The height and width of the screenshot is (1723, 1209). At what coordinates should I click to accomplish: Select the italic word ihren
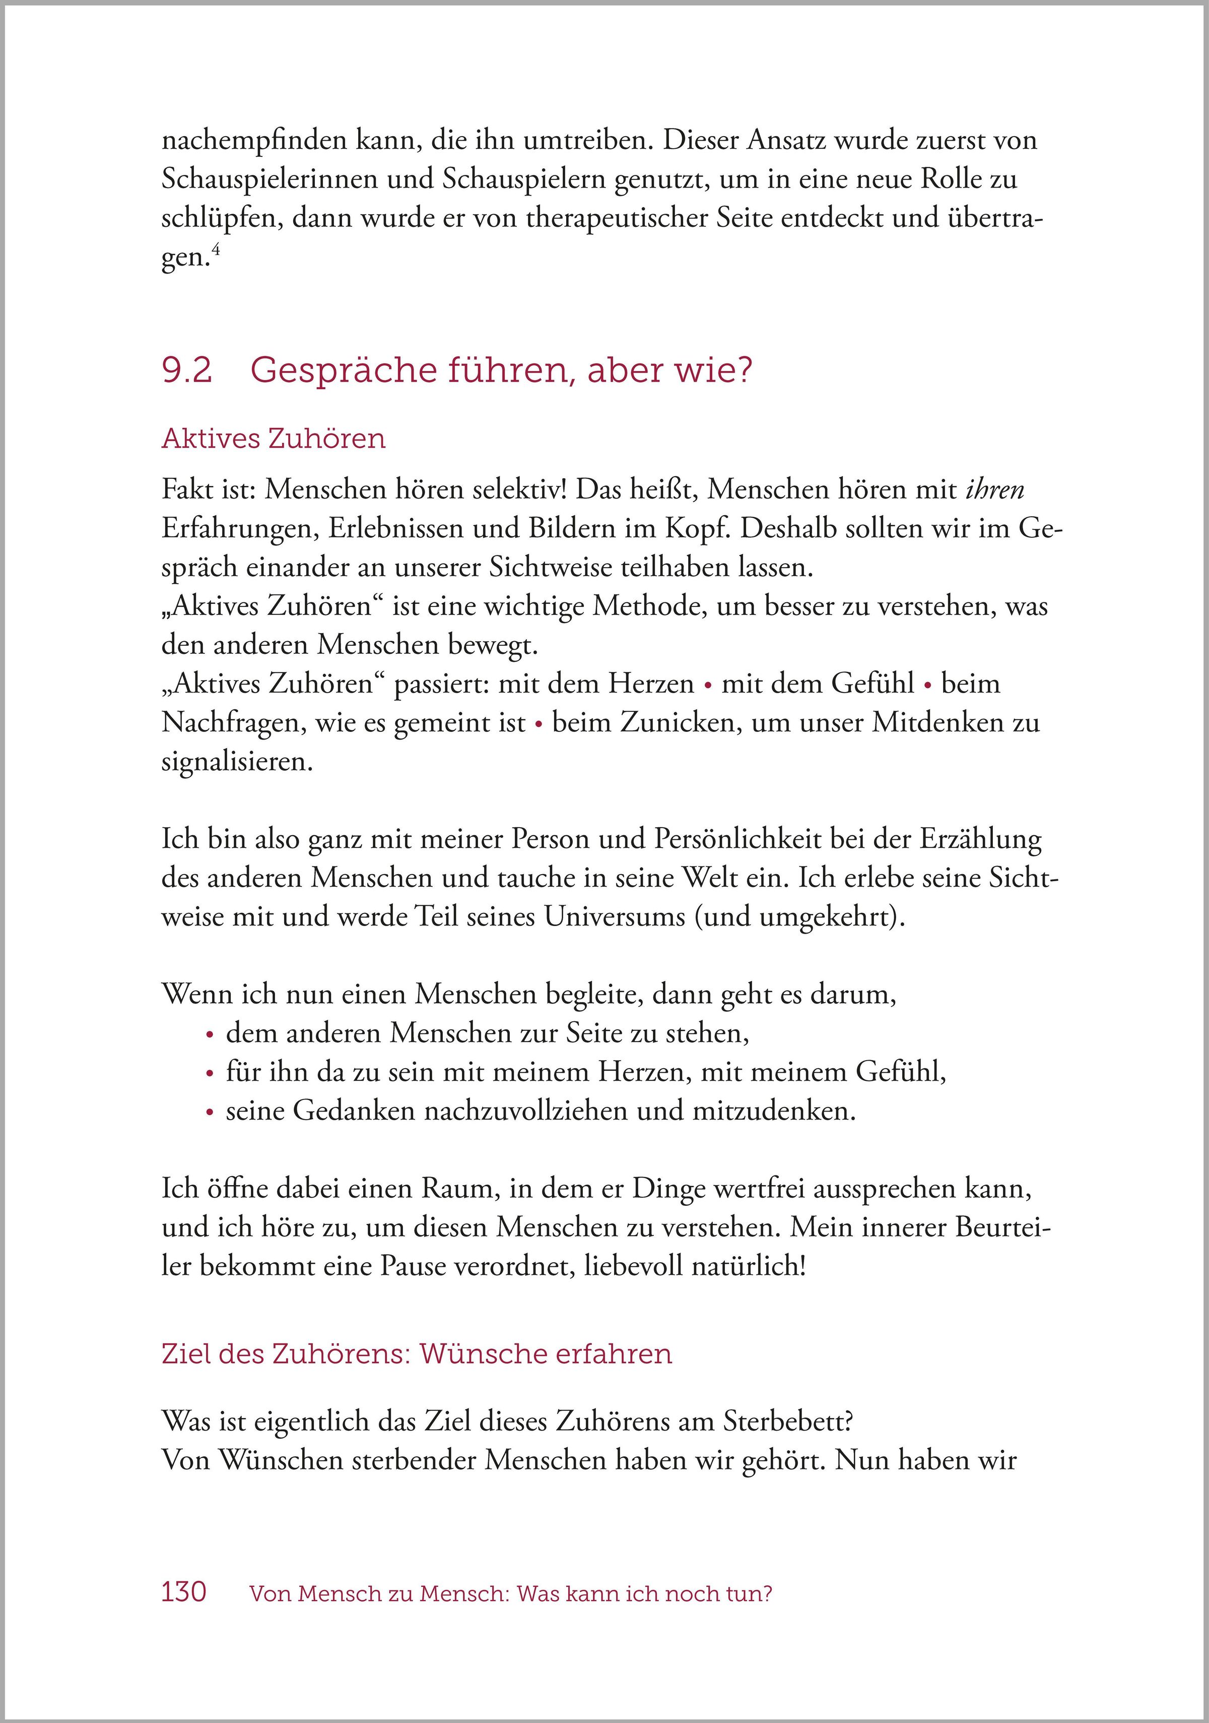pyautogui.click(x=994, y=489)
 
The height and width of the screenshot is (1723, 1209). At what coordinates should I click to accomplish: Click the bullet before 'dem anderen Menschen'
pyautogui.click(x=209, y=1035)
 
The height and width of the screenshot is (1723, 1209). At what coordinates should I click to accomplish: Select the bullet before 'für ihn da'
pyautogui.click(x=209, y=1074)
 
